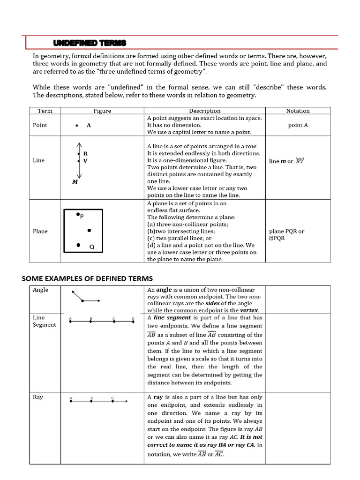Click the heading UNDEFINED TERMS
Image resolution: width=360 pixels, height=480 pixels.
point(90,43)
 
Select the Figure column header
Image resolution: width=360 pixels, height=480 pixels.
point(102,111)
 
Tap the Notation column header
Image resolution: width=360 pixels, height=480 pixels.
point(298,111)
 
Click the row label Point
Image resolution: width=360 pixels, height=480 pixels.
point(40,125)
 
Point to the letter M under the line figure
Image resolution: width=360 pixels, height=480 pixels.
point(75,182)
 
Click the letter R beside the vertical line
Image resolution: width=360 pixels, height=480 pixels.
point(86,153)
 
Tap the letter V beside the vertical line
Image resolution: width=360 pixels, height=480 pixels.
point(85,161)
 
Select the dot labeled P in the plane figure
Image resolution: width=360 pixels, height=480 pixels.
point(78,214)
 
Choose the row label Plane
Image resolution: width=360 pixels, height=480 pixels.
point(40,231)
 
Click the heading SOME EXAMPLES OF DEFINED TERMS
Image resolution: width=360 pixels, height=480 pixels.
point(87,278)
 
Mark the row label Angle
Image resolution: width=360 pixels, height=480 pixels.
point(40,290)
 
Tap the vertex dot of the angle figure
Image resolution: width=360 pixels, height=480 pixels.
point(83,301)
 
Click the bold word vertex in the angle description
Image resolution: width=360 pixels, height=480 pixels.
point(249,310)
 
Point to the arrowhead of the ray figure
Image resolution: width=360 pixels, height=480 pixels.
point(126,401)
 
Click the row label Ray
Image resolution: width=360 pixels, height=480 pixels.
point(38,397)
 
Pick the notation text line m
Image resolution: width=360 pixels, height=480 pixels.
point(277,161)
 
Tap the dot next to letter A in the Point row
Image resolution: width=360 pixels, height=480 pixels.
point(76,126)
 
